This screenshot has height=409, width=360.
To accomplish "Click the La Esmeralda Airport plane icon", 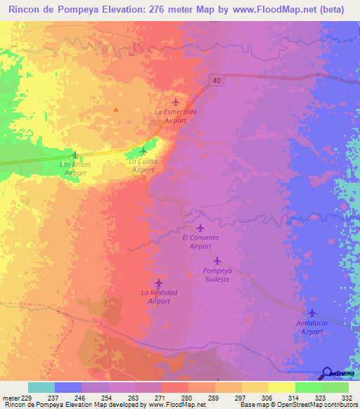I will click(x=176, y=102).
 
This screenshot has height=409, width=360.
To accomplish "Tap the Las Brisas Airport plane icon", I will click(x=75, y=154).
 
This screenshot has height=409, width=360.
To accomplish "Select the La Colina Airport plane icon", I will click(x=143, y=151).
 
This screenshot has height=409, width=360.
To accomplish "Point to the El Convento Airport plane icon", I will click(x=200, y=227).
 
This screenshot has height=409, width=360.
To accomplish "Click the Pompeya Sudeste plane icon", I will click(x=217, y=260).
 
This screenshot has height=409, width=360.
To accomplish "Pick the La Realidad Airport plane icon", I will click(x=159, y=283).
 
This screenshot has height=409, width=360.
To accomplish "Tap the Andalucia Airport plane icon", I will click(x=311, y=313).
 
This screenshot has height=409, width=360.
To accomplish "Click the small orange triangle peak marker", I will click(x=116, y=109).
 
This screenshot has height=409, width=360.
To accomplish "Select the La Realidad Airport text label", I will click(x=159, y=297).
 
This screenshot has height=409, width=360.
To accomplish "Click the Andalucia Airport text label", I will click(x=311, y=327).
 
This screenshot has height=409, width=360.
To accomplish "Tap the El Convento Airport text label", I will click(x=197, y=242).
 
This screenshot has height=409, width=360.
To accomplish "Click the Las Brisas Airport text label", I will click(x=75, y=168).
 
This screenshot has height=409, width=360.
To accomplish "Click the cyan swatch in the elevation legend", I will click(x=41, y=387).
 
